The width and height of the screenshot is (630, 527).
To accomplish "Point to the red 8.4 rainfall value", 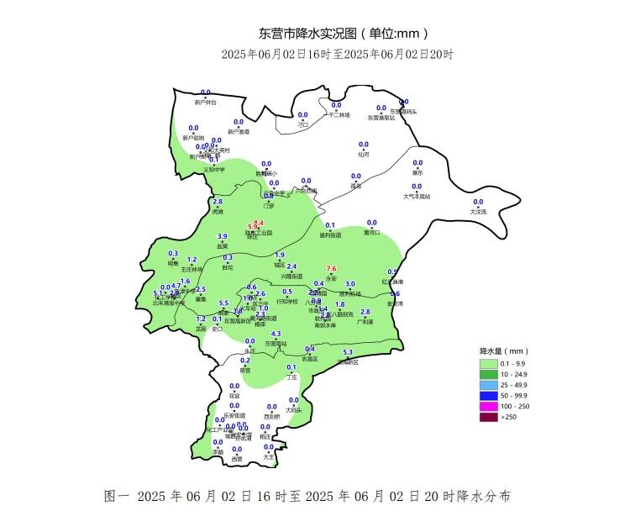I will [259, 223].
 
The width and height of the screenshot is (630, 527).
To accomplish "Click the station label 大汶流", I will [478, 212].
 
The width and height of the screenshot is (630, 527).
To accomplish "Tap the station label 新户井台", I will [205, 103].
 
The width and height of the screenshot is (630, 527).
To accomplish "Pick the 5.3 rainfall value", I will [348, 352].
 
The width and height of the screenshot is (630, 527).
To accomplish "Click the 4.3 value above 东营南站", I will [276, 334].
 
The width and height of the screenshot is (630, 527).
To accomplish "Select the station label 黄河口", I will [372, 233].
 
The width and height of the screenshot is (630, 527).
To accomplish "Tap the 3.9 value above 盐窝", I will [223, 237].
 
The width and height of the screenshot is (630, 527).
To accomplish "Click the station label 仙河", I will [364, 155].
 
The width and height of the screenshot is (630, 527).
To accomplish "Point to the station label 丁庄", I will [291, 377].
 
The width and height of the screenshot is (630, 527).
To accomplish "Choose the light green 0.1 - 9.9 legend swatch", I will [488, 363].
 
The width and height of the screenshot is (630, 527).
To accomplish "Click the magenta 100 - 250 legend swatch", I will [488, 407].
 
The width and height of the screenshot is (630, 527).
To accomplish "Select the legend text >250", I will [509, 418].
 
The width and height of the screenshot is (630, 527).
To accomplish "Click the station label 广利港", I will [365, 322].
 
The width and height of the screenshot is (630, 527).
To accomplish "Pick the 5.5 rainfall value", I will [223, 303].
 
